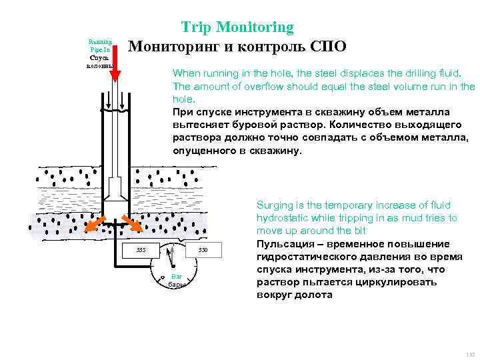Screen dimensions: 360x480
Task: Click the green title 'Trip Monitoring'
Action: tap(237, 27)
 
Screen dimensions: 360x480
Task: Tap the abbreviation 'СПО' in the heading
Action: tap(327, 47)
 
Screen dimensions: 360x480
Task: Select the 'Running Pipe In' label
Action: tap(100, 45)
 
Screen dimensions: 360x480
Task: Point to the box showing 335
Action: tap(141, 250)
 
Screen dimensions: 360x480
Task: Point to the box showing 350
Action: tap(203, 250)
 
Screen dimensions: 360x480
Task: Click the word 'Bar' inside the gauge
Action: tap(177, 276)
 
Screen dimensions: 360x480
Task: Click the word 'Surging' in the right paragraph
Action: tap(274, 205)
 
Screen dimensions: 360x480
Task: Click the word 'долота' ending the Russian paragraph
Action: tap(317, 295)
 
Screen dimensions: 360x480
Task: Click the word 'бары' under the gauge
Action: tap(176, 285)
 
